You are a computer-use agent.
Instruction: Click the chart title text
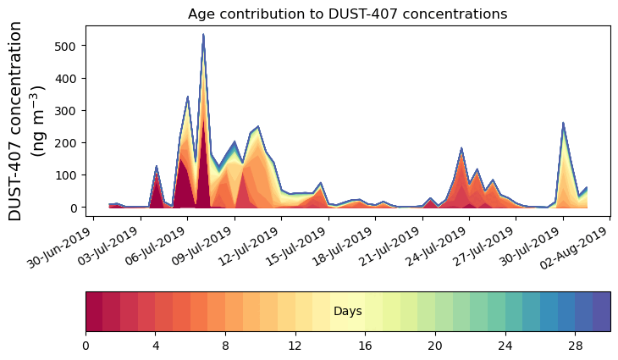(347, 14)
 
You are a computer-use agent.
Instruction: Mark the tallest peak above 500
(203, 35)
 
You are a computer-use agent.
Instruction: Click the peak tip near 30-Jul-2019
(563, 123)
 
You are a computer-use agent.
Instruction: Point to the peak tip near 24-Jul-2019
(461, 148)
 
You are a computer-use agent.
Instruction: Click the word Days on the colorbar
(348, 312)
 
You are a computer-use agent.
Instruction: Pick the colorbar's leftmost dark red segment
(94, 312)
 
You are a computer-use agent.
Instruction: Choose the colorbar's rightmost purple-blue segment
(601, 312)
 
